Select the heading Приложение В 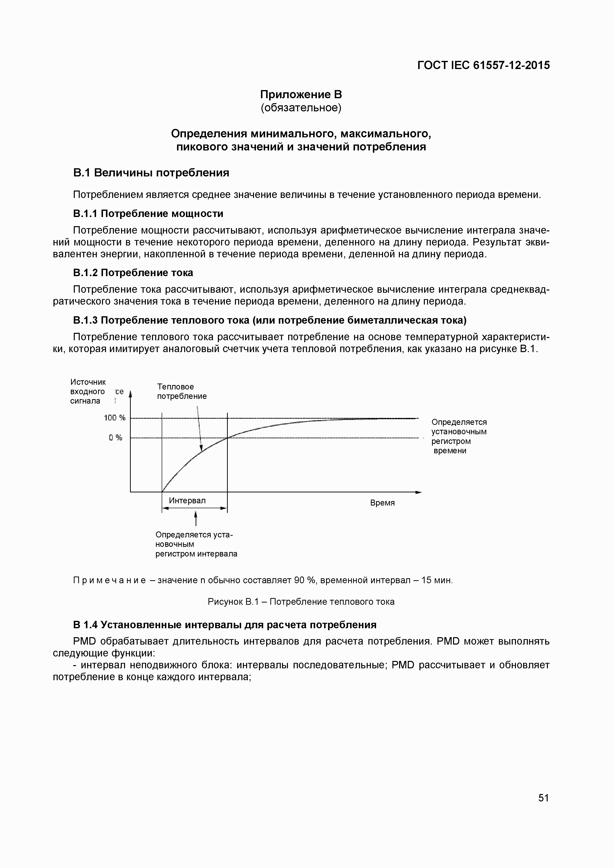pyautogui.click(x=301, y=94)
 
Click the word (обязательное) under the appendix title pyautogui.click(x=301, y=108)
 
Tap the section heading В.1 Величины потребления pyautogui.click(x=151, y=173)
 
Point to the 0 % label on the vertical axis pyautogui.click(x=115, y=438)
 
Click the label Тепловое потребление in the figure pyautogui.click(x=181, y=391)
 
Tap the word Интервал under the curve pyautogui.click(x=187, y=501)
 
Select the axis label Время pyautogui.click(x=382, y=503)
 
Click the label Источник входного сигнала pyautogui.click(x=88, y=391)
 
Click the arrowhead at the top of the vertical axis pyautogui.click(x=130, y=394)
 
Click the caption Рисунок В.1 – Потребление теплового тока pyautogui.click(x=301, y=602)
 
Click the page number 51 pyautogui.click(x=543, y=798)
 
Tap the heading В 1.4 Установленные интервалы pyautogui.click(x=225, y=625)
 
